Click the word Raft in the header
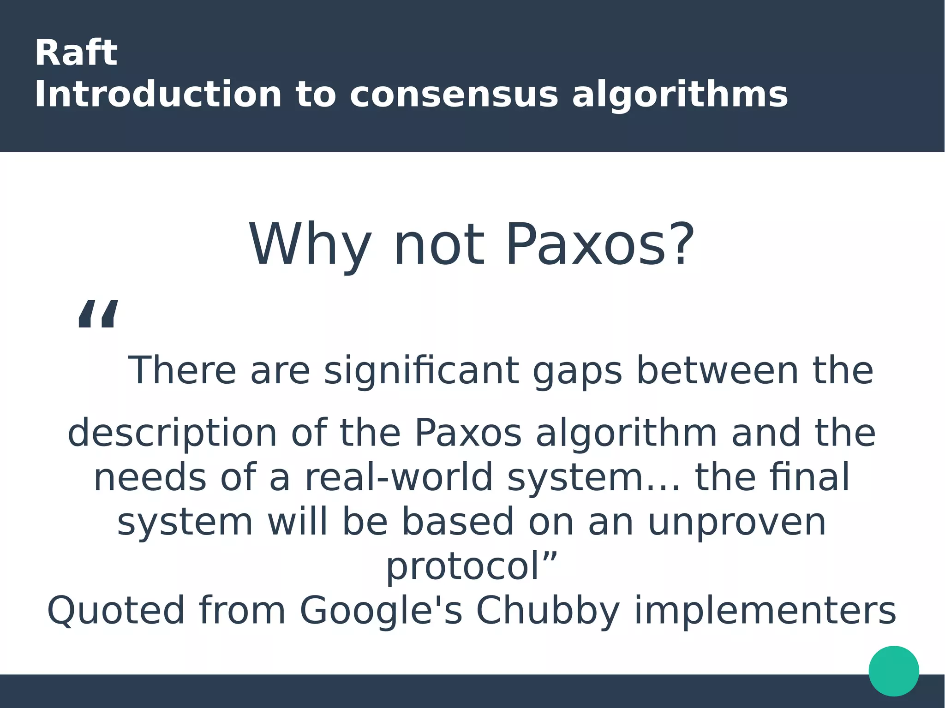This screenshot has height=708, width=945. pyautogui.click(x=76, y=53)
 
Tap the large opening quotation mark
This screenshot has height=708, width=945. pyautogui.click(x=98, y=314)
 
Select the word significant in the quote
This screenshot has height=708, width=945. pyautogui.click(x=421, y=370)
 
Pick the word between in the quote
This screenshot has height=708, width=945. pyautogui.click(x=718, y=370)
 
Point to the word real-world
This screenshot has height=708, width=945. pyautogui.click(x=399, y=477)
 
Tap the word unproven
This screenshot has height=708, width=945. pyautogui.click(x=737, y=522)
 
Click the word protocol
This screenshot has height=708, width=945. pyautogui.click(x=463, y=566)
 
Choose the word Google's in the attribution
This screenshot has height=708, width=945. pyautogui.click(x=381, y=611)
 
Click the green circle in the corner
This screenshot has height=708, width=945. pyautogui.click(x=894, y=671)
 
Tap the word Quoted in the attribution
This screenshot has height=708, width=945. pyautogui.click(x=116, y=611)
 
